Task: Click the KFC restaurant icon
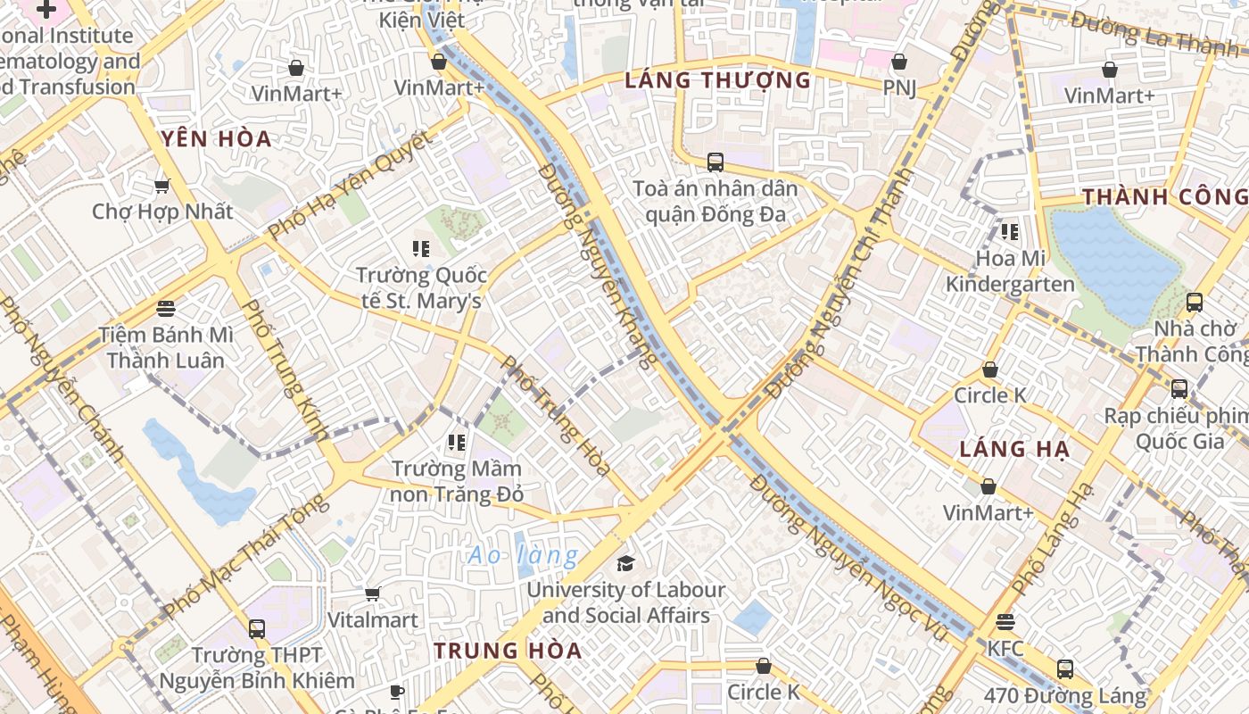coord(1005,621)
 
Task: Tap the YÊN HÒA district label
coord(217,138)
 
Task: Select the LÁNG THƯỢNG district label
coord(717,80)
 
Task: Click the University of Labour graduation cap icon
coord(625,563)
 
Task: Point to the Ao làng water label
coord(523,555)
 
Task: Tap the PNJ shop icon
coord(899,62)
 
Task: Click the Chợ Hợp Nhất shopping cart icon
coord(161,186)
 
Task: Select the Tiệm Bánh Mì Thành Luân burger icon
coord(165,309)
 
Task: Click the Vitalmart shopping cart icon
coord(373,594)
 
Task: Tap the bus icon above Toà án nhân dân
coord(715,162)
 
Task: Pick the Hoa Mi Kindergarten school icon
coord(1009,232)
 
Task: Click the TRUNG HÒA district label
coord(508,651)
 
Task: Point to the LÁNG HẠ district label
coord(1013,449)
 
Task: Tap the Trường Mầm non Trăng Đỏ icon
coord(457,442)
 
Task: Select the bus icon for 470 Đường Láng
coord(1064,668)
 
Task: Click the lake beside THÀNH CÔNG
coord(1115,259)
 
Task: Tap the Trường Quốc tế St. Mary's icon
coord(420,248)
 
